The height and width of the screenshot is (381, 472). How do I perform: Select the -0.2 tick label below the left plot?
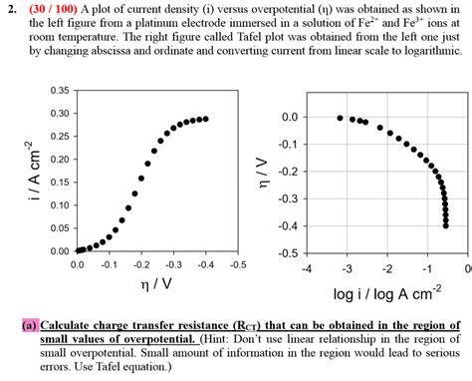pyautogui.click(x=140, y=265)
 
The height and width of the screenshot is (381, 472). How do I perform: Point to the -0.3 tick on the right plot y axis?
pyautogui.click(x=288, y=198)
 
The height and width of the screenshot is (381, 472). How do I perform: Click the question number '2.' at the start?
pyautogui.click(x=11, y=9)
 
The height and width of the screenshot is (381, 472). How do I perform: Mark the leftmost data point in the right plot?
pyautogui.click(x=340, y=118)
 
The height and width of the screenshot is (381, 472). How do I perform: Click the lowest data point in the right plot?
pyautogui.click(x=445, y=225)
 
